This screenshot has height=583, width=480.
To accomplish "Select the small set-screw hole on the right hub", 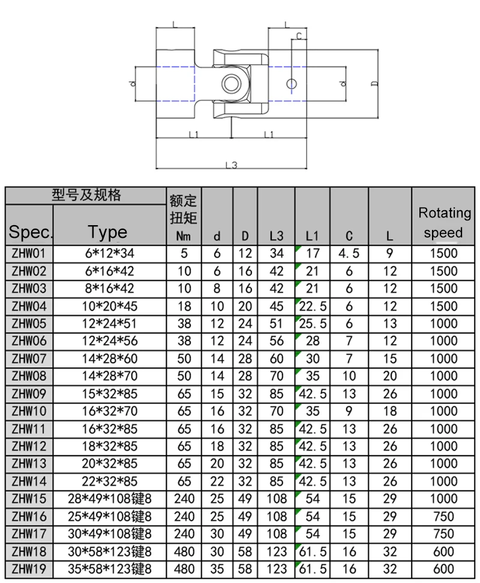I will coord(291,82).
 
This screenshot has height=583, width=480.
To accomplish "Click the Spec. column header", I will coord(29,232).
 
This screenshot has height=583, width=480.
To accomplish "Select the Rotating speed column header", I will coord(444,222).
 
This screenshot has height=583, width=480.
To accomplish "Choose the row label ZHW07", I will coord(29,359).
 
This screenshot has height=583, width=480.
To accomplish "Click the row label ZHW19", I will coord(29,569).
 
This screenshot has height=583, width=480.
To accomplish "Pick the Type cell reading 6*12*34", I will coord(109,253).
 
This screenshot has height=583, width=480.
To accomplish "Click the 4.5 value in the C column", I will coord(349,253).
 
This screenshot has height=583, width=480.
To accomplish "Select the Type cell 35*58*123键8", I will coord(109,569).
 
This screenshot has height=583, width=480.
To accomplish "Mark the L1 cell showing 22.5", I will coord(313,306).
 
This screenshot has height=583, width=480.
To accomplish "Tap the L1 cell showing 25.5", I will coord(313,324).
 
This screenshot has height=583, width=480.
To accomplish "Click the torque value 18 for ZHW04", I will coord(184,306).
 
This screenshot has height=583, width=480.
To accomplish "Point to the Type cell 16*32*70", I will coord(109,411).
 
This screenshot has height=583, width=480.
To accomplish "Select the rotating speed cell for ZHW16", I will coord(444,516).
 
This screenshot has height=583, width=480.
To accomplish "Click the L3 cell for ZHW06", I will coord(276,342).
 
